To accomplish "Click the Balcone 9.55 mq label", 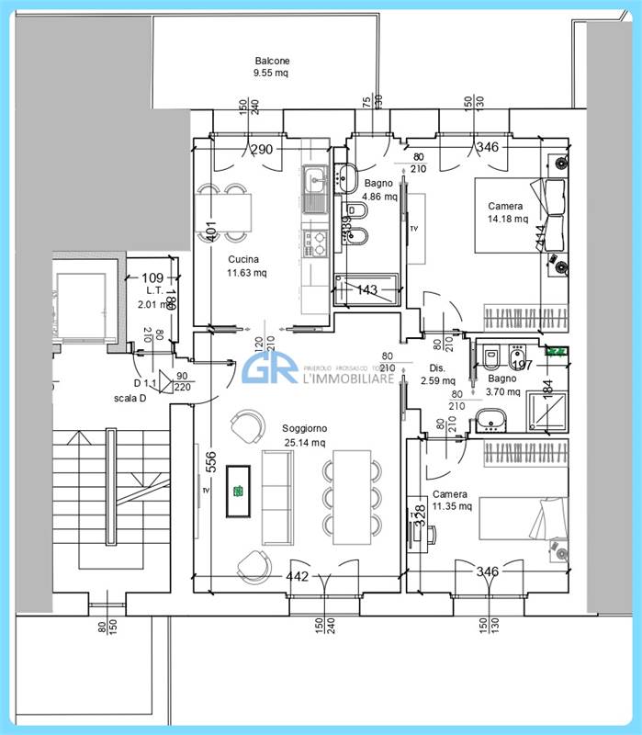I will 272,67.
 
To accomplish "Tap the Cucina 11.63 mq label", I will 247,266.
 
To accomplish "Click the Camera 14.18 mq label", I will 507,212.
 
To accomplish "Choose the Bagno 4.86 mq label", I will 378,190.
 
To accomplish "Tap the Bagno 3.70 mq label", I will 502,385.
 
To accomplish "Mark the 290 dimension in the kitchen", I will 261,149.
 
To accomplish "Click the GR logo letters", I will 271,369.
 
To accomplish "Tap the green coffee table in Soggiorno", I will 239,492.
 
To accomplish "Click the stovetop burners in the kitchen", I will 315,243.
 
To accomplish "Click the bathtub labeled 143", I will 367,289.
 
